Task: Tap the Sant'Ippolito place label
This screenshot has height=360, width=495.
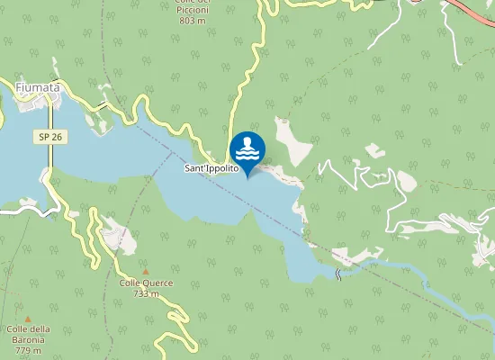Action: [x=211, y=168]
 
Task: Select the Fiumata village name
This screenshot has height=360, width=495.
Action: [x=38, y=86]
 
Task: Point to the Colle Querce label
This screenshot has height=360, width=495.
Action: [x=146, y=283]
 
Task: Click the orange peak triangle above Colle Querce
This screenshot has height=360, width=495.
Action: [x=146, y=270]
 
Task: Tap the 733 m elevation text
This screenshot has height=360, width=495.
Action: [x=146, y=293]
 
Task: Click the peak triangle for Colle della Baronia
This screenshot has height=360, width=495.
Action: [x=28, y=319]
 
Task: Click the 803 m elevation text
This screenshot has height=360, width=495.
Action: [x=193, y=20]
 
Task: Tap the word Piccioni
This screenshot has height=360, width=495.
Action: [x=193, y=10]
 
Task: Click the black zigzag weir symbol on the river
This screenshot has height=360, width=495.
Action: [x=338, y=274]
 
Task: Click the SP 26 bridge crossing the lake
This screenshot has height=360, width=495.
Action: [x=50, y=157]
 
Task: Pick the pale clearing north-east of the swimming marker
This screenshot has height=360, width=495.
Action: [x=292, y=140]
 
